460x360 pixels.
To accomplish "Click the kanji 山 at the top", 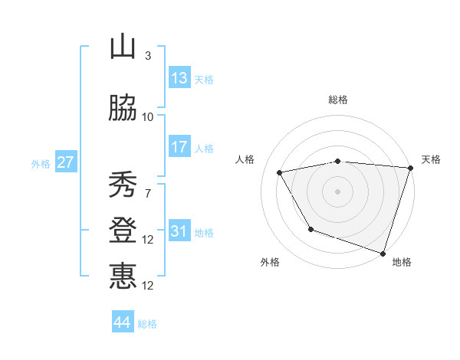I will (x=123, y=47).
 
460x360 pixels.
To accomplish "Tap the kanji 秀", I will (x=123, y=185).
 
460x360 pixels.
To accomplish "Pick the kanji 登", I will (x=123, y=231).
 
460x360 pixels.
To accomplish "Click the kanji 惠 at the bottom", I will (x=123, y=276).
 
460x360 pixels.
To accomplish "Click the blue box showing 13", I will (x=179, y=78).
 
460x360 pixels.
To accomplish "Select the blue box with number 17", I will (x=179, y=147).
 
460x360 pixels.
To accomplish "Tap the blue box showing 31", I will (x=179, y=231).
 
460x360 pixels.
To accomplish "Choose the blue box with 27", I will (x=65, y=162).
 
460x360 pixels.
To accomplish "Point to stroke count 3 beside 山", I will (x=148, y=55).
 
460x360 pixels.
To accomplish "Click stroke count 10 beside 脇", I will (x=148, y=116).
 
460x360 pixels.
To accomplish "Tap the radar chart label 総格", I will (x=338, y=100).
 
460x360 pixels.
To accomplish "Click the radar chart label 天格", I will (x=432, y=159).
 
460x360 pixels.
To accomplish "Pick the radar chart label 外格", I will (x=270, y=262).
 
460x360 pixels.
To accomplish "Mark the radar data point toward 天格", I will (x=411, y=168).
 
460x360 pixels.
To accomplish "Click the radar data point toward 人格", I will (x=280, y=172).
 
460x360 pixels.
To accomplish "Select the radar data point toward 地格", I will (x=383, y=253).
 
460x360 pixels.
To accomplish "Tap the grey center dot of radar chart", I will (x=338, y=191).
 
